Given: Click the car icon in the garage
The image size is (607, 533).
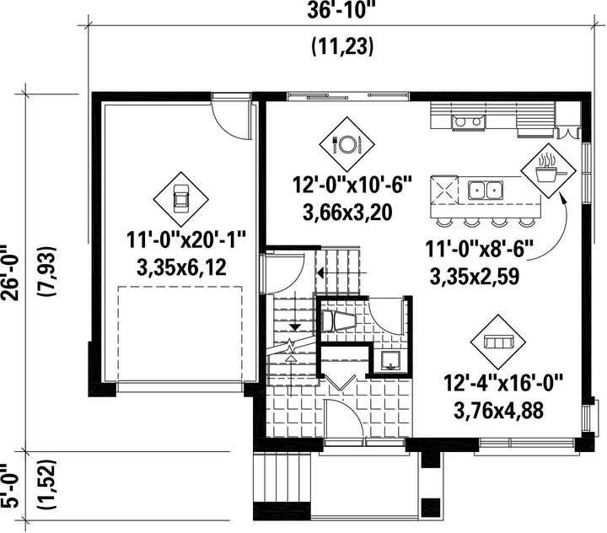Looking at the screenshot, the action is pos(180,199).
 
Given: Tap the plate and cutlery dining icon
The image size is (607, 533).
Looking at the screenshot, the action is pos(346,144).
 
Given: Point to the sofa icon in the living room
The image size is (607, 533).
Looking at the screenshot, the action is pos(498,342).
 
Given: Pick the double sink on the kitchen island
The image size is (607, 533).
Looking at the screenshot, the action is pos(486,191).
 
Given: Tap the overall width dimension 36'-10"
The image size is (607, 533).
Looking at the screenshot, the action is pos(341,10).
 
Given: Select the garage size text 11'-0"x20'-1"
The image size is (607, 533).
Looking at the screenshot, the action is pos(186,241).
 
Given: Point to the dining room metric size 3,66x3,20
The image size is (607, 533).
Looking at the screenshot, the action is pos(347,213).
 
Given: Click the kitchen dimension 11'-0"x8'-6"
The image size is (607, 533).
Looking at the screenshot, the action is pos(479,249).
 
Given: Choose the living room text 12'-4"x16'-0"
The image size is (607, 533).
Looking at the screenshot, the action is pos(502,384).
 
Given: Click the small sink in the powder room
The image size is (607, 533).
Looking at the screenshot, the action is pos(390,360).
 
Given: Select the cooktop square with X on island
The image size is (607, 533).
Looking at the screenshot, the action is pos(443,190).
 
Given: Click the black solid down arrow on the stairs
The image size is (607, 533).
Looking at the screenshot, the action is pos(295,327).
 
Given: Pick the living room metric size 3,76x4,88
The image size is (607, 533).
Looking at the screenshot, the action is pos(498,411).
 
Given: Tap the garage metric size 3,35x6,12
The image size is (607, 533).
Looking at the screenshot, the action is pos(181,267).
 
